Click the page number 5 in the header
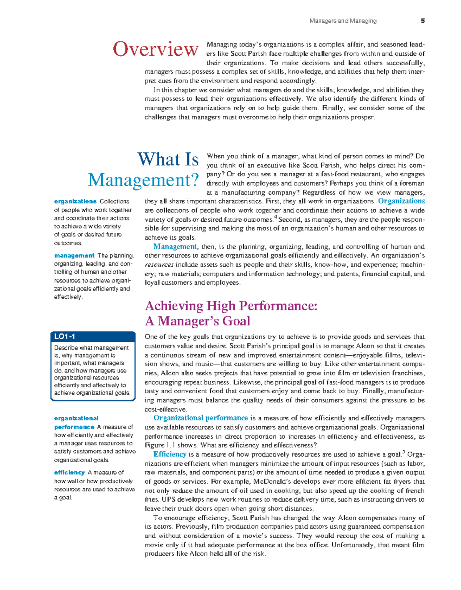tap(423, 21)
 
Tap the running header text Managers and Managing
tap(343, 21)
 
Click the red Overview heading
tap(155, 50)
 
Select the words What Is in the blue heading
tap(168, 159)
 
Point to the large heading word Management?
tap(143, 180)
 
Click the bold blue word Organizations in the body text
tap(401, 201)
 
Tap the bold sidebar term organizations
tap(75, 201)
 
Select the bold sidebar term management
tap(74, 255)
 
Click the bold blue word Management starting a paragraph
tap(175, 247)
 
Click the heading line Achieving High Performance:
tap(231, 306)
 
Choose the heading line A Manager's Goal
tap(197, 321)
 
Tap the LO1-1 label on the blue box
tap(65, 336)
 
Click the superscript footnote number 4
tap(275, 218)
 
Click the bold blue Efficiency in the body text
tap(170, 454)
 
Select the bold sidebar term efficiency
tap(69, 472)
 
